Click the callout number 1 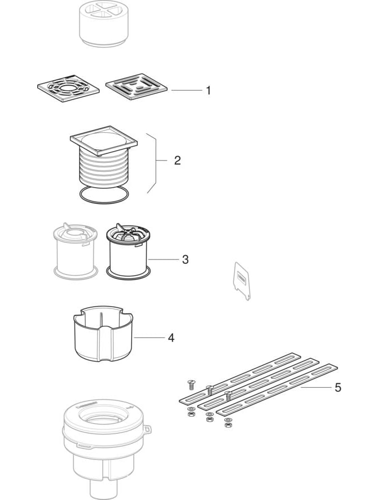(x=208, y=91)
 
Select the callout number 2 (x=177, y=161)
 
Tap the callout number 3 (x=185, y=259)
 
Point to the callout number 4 (x=171, y=338)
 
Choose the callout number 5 (x=338, y=388)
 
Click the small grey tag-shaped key (x=242, y=281)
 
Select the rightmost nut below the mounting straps (x=227, y=425)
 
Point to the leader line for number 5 (x=317, y=388)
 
